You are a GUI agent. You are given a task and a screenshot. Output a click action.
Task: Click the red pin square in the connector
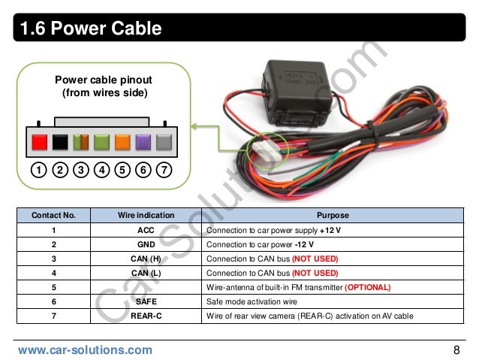click(x=40, y=142)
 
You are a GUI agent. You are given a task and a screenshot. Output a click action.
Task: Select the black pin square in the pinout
click(x=60, y=142)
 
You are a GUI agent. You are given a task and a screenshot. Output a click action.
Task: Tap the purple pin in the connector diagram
click(x=143, y=142)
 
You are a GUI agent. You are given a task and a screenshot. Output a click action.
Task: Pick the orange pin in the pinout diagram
click(x=122, y=142)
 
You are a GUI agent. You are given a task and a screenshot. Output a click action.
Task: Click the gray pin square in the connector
click(x=164, y=142)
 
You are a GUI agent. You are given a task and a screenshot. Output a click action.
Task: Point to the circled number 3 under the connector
click(x=81, y=170)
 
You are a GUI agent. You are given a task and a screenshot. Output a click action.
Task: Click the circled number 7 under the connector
click(x=164, y=170)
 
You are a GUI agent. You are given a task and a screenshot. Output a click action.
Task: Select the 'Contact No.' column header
click(x=53, y=216)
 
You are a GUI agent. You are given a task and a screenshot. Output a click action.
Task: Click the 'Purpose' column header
click(x=333, y=216)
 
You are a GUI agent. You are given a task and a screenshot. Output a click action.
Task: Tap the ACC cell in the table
click(x=146, y=230)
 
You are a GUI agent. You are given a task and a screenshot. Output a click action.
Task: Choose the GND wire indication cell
click(x=146, y=244)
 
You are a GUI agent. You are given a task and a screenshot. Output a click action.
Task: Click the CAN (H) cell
click(x=146, y=259)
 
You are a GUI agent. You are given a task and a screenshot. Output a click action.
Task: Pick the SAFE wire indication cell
click(x=146, y=301)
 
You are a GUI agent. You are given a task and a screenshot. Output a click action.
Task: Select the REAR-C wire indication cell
click(x=146, y=316)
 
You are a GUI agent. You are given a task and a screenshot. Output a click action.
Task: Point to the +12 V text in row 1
click(x=330, y=230)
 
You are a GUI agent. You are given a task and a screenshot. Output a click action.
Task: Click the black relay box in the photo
click(x=297, y=92)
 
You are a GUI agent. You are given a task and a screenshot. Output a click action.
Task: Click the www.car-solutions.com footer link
click(x=85, y=350)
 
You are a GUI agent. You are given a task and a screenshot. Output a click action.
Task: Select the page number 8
click(x=456, y=350)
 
